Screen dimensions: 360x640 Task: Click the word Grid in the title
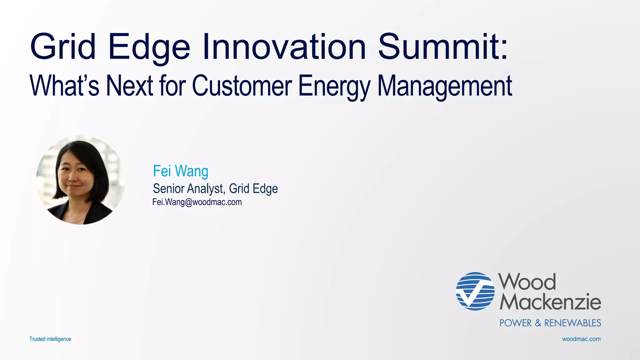point(63,47)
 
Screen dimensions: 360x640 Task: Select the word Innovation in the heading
point(284,47)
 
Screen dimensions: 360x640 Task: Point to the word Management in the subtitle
point(445,86)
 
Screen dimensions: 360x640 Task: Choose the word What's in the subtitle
point(64,86)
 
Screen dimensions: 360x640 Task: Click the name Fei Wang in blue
point(180,171)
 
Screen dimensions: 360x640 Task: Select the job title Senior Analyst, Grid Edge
point(215,189)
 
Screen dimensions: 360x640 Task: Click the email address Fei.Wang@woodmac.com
point(197,202)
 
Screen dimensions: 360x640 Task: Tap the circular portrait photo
point(80,180)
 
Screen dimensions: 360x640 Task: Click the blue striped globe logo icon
point(475,291)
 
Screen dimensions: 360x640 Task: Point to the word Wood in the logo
point(527,282)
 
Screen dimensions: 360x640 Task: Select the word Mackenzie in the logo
point(550,302)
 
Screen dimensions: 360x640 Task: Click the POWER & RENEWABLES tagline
point(550,323)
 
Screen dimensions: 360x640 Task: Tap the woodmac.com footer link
point(581,339)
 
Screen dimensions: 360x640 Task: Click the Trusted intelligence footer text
point(50,339)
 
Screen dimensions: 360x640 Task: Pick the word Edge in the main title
point(149,47)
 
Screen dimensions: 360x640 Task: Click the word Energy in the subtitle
point(334,86)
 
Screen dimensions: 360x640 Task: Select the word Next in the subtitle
point(129,86)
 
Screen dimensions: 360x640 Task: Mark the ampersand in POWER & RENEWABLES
point(538,323)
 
